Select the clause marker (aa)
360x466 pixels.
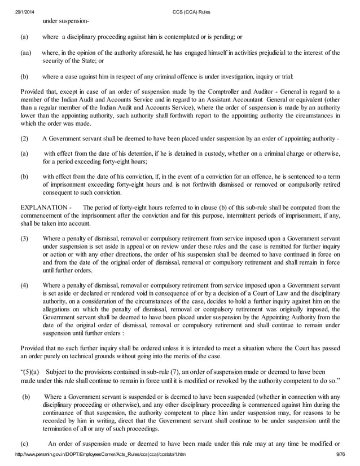coord(25,52)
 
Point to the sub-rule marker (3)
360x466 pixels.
coord(24,239)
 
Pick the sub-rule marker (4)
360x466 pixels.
coord(24,285)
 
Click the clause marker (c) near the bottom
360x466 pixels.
coord(24,443)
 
